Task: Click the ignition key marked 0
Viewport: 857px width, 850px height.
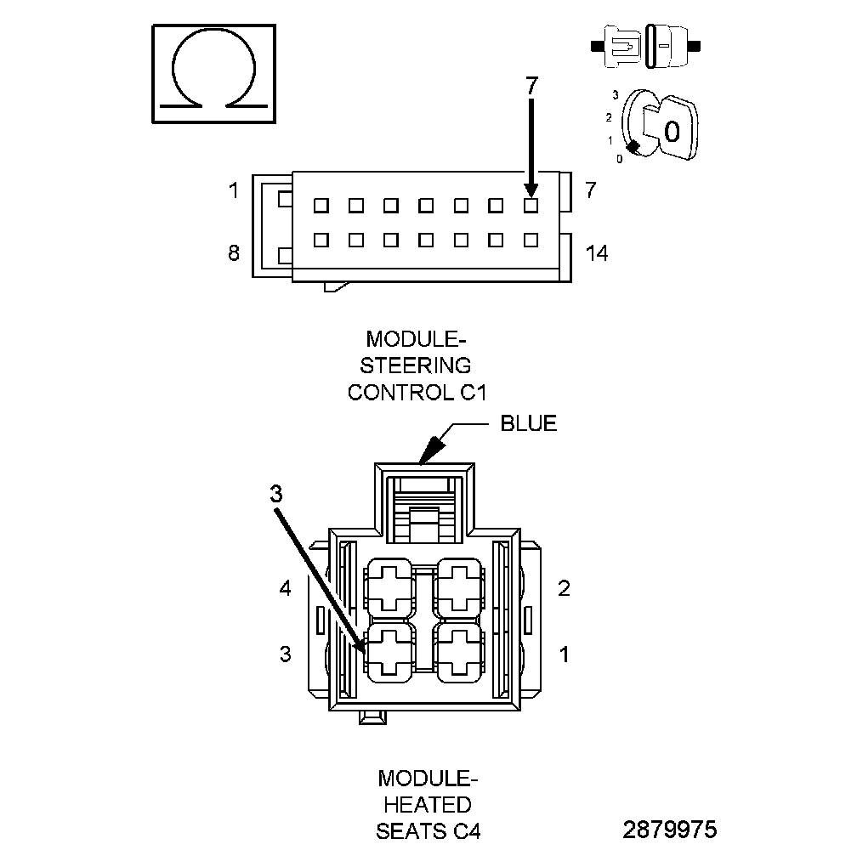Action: [x=668, y=129]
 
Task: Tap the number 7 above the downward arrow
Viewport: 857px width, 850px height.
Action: [x=531, y=86]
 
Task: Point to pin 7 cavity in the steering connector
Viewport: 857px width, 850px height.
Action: [x=531, y=205]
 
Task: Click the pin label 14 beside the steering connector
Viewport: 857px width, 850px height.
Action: [x=598, y=252]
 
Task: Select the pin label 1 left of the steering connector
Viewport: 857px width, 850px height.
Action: [x=234, y=190]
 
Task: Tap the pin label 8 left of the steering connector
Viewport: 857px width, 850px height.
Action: [x=234, y=252]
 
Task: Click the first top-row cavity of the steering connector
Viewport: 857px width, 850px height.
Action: [x=320, y=205]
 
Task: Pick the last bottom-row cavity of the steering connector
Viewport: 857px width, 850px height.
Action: [x=531, y=240]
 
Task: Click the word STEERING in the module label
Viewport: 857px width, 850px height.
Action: [x=416, y=365]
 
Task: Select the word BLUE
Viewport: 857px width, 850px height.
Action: [x=528, y=423]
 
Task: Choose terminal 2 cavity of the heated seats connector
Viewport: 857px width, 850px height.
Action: [x=460, y=586]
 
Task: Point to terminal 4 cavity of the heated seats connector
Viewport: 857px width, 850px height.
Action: [x=389, y=586]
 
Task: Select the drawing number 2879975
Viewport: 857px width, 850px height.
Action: [x=669, y=829]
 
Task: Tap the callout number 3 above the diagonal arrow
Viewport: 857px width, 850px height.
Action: [x=276, y=494]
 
